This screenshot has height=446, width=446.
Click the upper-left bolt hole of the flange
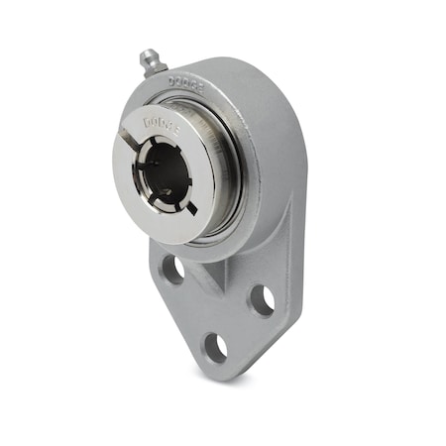click(172, 269)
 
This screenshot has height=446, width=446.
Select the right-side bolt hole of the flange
click(262, 299)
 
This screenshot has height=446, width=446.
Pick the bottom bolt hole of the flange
click(215, 346)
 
